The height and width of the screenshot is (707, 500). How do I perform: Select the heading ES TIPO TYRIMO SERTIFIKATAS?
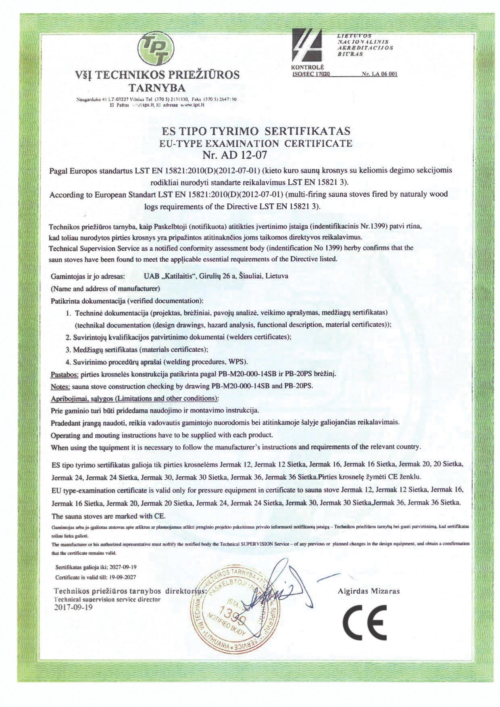pyautogui.click(x=255, y=131)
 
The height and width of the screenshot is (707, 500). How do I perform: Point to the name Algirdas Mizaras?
pyautogui.click(x=368, y=591)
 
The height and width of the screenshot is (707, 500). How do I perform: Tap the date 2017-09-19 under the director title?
pyautogui.click(x=73, y=607)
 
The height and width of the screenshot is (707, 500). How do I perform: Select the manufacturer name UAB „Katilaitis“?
pyautogui.click(x=170, y=276)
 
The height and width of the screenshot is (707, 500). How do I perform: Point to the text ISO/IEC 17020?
pyautogui.click(x=310, y=74)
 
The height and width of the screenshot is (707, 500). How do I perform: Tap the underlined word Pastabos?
pyautogui.click(x=65, y=374)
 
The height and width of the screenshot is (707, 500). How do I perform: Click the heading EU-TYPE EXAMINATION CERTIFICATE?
pyautogui.click(x=256, y=143)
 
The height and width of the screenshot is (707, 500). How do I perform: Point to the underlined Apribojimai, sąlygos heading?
pyautogui.click(x=135, y=398)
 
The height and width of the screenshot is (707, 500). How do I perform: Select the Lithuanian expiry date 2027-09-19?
pyautogui.click(x=122, y=567)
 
